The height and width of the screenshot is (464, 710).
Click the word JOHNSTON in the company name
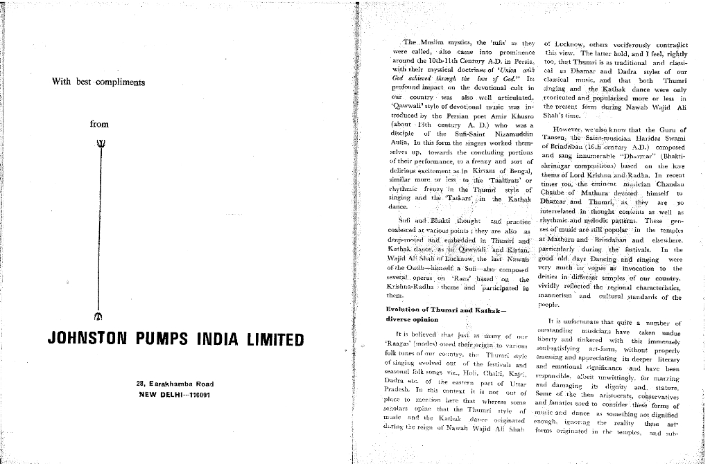coord(87,340)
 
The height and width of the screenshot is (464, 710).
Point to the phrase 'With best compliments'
coord(98,82)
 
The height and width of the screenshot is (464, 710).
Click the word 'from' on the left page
coord(99,125)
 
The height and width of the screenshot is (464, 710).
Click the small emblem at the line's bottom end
coord(98,318)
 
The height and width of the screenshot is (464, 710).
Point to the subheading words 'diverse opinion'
coord(412,320)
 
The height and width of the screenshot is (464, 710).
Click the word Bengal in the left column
coord(514,169)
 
